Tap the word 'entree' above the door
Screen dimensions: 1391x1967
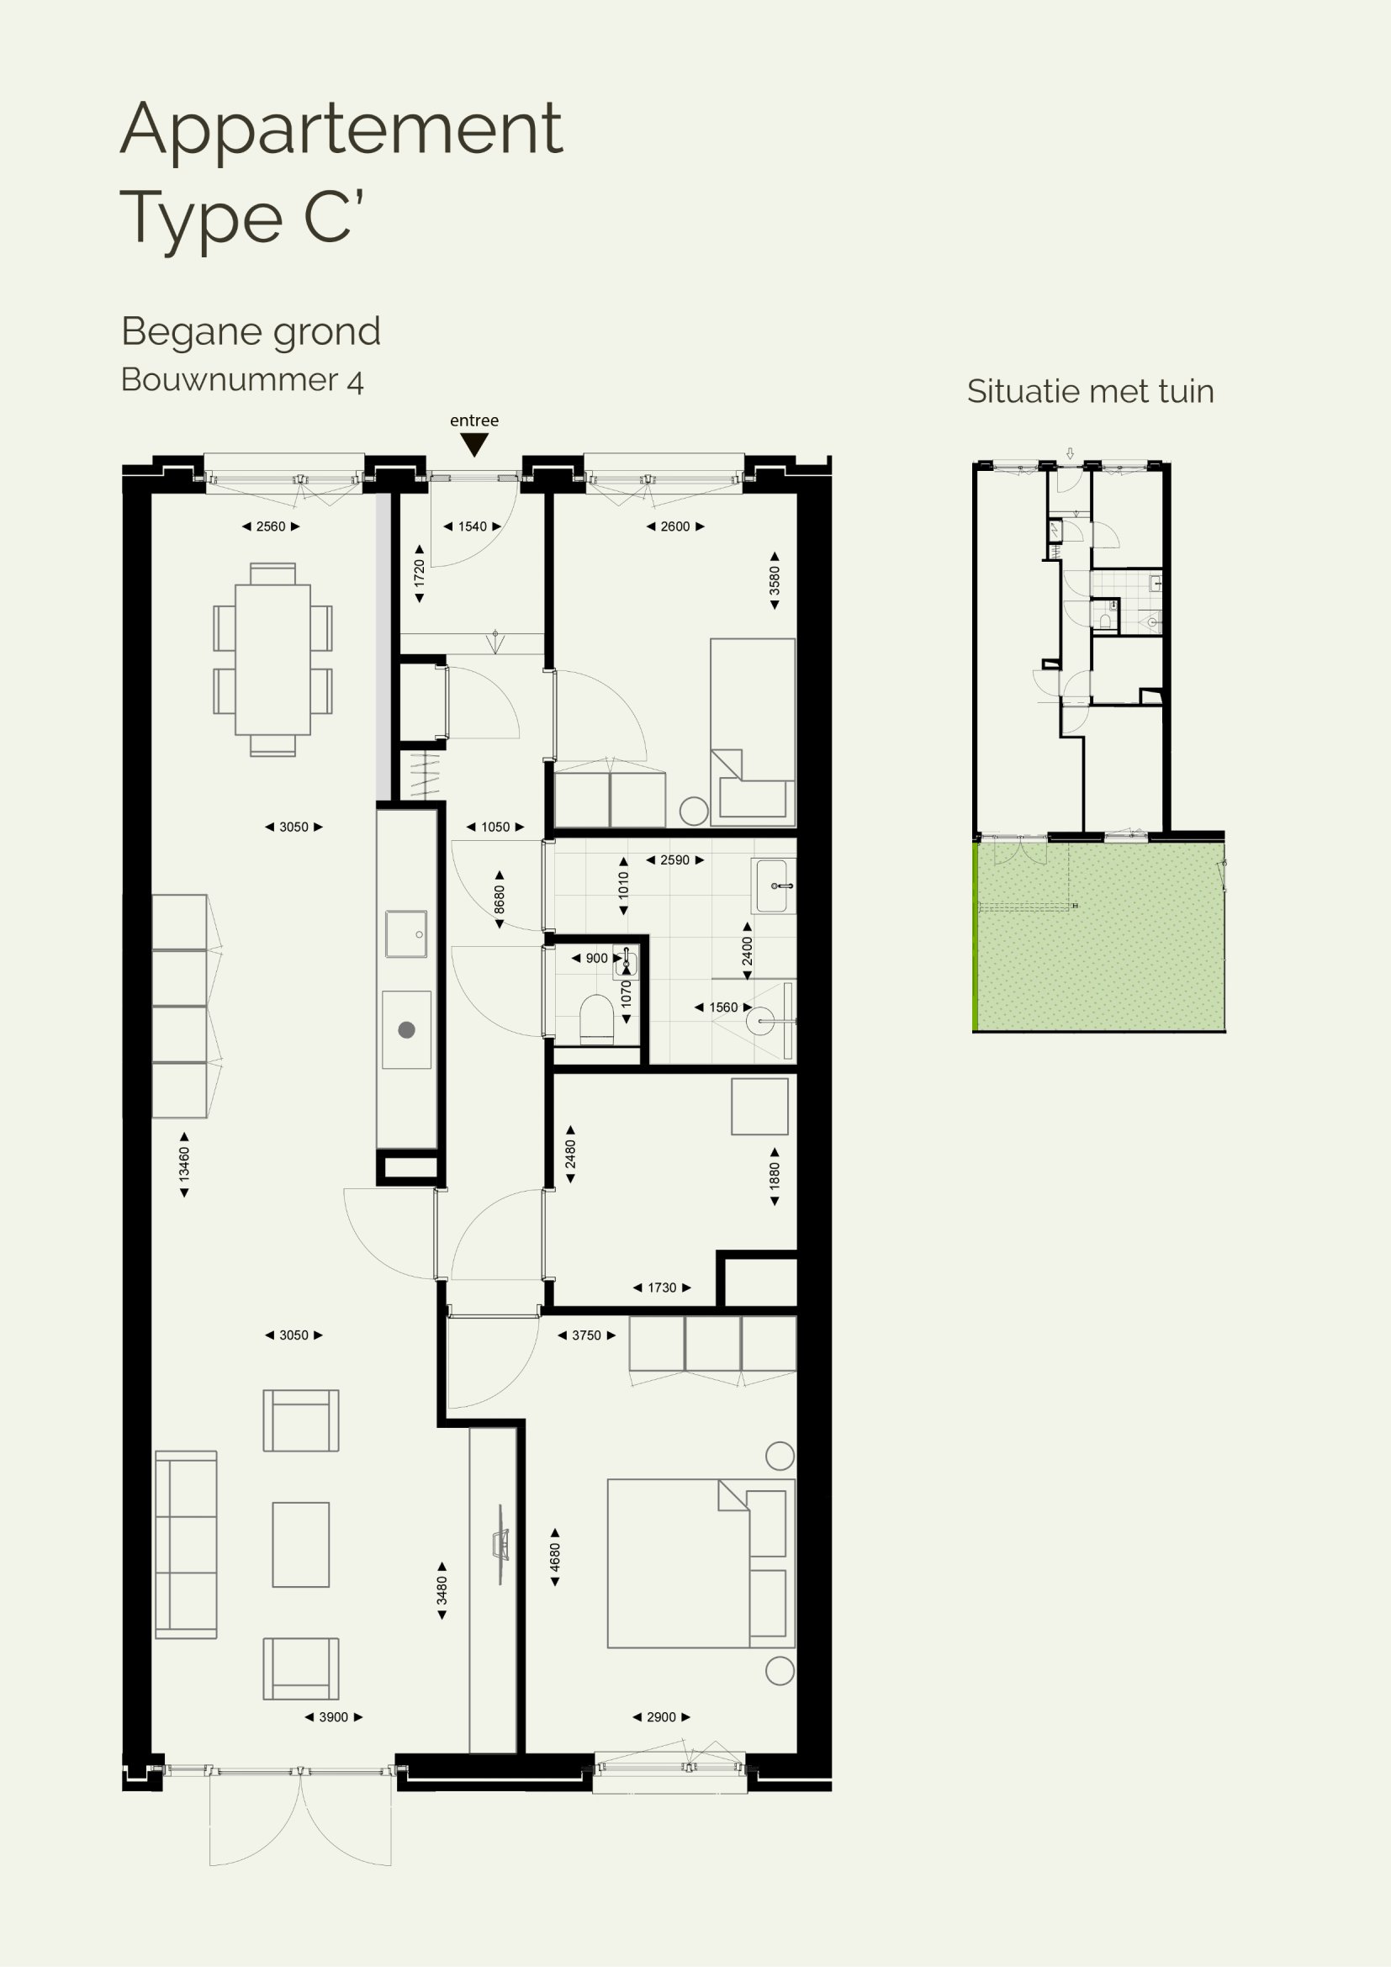coord(473,420)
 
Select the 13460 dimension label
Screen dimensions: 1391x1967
coord(183,1164)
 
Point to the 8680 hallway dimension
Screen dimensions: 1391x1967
coord(500,900)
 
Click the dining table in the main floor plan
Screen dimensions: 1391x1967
coord(272,658)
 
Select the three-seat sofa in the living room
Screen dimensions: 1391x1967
coord(186,1544)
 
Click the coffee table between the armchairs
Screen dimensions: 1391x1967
coord(300,1544)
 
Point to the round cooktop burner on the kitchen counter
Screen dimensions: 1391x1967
coord(407,1030)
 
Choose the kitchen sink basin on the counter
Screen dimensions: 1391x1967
coord(406,933)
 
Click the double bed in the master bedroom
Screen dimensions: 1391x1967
coord(701,1562)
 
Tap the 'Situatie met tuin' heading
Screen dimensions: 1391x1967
coord(1091,392)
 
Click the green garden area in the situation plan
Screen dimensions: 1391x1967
coord(1100,936)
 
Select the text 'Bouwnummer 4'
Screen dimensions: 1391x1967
coord(242,379)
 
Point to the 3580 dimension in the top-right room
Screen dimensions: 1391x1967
coord(775,580)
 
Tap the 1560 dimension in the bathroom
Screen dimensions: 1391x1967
coord(724,1007)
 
